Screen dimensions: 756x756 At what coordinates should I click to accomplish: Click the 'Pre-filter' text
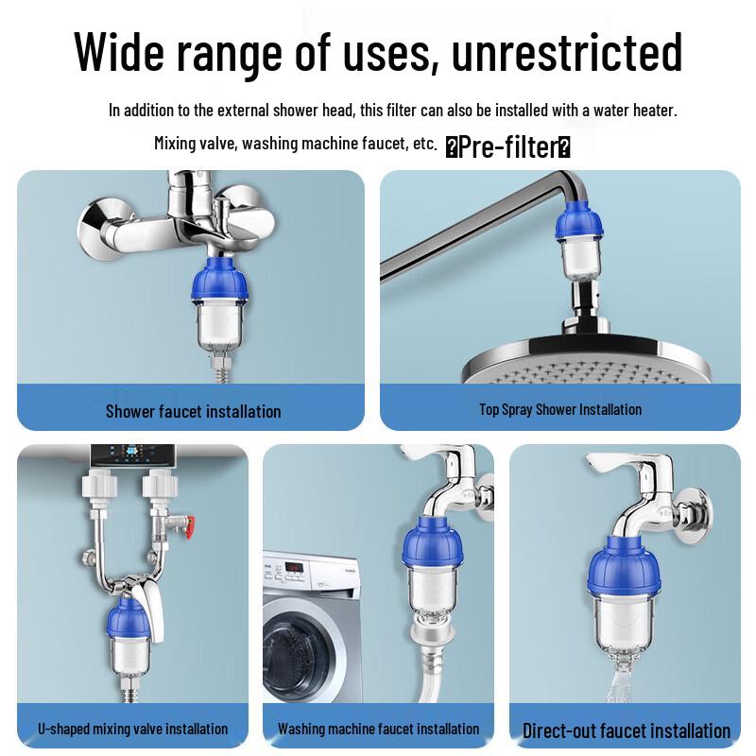click(x=507, y=147)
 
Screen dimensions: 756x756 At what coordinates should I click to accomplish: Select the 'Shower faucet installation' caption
click(x=193, y=411)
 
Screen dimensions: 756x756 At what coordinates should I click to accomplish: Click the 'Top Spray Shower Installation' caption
click(x=559, y=410)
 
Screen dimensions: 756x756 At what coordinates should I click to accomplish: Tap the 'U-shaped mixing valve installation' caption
click(x=132, y=729)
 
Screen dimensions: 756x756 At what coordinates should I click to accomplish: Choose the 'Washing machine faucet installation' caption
click(x=378, y=729)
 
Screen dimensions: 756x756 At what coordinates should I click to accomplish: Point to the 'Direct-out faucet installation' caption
click(x=626, y=730)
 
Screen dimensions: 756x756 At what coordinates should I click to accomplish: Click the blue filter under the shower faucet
click(x=219, y=283)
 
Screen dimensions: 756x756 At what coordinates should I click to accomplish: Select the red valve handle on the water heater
click(x=189, y=520)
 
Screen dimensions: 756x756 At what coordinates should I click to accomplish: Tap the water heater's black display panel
click(x=129, y=455)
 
